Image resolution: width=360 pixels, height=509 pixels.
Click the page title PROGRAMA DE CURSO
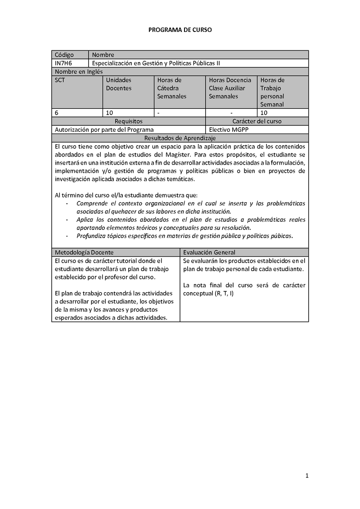(x=180, y=30)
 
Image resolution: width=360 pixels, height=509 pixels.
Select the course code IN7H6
(x=63, y=63)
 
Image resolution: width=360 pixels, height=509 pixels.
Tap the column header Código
(x=64, y=55)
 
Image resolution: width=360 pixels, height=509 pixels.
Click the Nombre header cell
(x=103, y=55)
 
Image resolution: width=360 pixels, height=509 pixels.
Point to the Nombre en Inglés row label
(x=79, y=71)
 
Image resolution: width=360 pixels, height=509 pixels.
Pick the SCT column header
(x=60, y=80)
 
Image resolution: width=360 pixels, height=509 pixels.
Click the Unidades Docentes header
(x=119, y=84)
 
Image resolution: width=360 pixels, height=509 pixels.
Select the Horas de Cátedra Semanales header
(x=171, y=88)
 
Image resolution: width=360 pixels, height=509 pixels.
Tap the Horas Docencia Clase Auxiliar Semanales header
(x=230, y=88)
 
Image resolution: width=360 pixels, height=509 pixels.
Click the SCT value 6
(x=57, y=112)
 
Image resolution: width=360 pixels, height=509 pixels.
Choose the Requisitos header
(x=128, y=121)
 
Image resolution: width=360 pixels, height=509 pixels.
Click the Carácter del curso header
(x=257, y=121)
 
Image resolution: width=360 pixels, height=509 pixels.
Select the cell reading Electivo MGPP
(x=229, y=129)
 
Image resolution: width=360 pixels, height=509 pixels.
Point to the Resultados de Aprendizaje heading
(x=180, y=138)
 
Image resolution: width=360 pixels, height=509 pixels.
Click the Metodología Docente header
(x=84, y=252)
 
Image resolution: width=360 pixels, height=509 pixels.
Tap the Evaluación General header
(x=209, y=252)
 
